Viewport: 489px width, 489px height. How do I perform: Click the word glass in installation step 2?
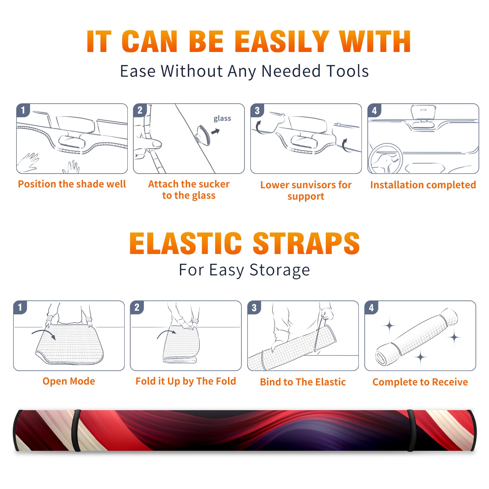pyautogui.click(x=222, y=119)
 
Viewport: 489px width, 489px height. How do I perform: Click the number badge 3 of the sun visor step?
pyautogui.click(x=257, y=110)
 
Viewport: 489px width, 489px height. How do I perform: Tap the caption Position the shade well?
pyautogui.click(x=72, y=184)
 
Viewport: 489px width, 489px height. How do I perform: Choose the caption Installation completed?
pyautogui.click(x=423, y=185)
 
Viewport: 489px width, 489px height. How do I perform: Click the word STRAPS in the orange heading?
pyautogui.click(x=306, y=243)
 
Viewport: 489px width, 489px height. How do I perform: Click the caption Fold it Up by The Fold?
pyautogui.click(x=186, y=381)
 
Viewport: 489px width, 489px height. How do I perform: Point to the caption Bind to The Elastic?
pyautogui.click(x=303, y=382)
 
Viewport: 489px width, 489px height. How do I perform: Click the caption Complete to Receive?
pyautogui.click(x=420, y=382)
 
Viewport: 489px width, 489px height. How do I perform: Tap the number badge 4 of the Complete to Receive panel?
pyautogui.click(x=371, y=307)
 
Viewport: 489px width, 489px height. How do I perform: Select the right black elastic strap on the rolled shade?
pyautogui.click(x=411, y=431)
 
